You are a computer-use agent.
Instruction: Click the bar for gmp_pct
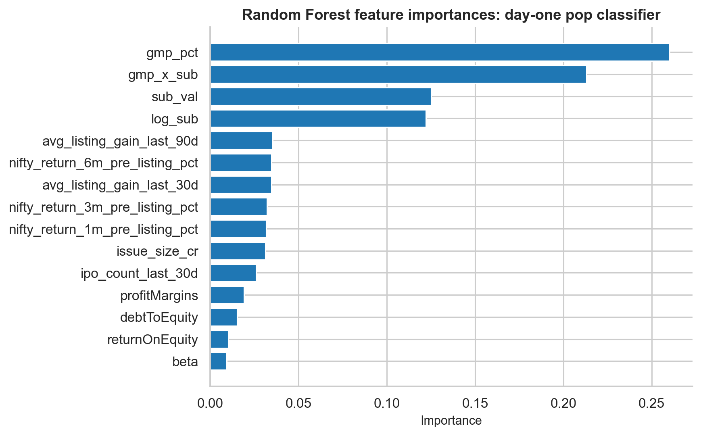coord(440,52)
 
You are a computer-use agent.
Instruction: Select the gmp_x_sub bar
coord(398,75)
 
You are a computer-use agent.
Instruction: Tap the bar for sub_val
coord(321,97)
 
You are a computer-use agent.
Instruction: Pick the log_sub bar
coord(318,119)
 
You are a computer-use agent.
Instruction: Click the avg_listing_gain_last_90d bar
coord(241,141)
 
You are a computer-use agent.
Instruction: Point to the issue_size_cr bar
coord(238,251)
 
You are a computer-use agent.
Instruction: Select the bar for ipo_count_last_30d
coord(233,273)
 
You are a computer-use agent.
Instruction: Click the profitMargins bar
coord(227,295)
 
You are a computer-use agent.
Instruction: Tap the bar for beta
coord(218,361)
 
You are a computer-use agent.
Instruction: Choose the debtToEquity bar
coord(223,317)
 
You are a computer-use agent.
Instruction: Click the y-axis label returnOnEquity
coord(153,340)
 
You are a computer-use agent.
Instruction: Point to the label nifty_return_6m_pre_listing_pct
coord(104,163)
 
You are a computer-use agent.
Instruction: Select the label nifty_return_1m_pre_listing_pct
coord(104,229)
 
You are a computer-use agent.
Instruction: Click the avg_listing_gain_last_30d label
coord(120,185)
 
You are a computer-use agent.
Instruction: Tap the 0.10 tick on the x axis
coord(387,403)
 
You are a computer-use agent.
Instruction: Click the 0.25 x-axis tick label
coord(652,403)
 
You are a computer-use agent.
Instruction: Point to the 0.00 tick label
coord(210,403)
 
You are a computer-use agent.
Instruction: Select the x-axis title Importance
coord(451,421)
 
